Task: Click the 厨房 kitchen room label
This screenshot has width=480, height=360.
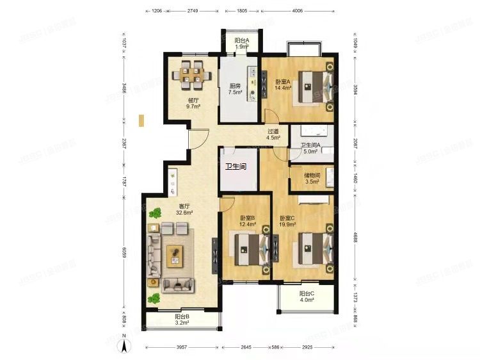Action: [235, 89]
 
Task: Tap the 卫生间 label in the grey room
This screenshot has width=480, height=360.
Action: [236, 167]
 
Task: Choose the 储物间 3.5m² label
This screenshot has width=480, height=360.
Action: [312, 178]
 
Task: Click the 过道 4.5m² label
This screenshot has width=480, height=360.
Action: [274, 134]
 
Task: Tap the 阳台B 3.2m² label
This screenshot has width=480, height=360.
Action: [182, 319]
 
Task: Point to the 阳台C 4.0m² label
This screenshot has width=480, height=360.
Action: [307, 297]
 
